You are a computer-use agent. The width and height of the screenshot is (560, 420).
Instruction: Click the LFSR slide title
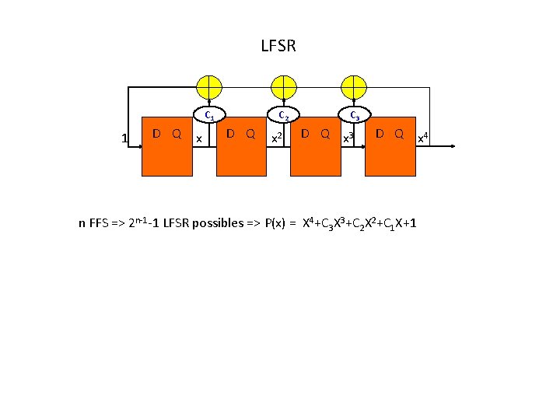point(278,47)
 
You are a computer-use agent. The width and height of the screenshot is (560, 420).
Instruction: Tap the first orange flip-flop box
point(167,149)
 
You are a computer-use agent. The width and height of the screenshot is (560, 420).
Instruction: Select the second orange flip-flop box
point(241,149)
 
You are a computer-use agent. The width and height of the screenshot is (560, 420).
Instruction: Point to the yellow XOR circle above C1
point(209,86)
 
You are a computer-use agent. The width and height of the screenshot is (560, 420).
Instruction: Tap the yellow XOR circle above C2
point(282,86)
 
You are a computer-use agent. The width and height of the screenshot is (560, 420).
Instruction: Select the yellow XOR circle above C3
point(354,86)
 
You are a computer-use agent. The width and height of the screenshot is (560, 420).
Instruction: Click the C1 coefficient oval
point(209,116)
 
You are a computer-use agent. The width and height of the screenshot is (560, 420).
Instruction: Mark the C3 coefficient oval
point(354,116)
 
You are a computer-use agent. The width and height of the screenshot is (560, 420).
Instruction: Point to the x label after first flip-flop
point(200,138)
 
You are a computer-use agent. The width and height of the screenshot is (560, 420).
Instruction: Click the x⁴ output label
point(424,138)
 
